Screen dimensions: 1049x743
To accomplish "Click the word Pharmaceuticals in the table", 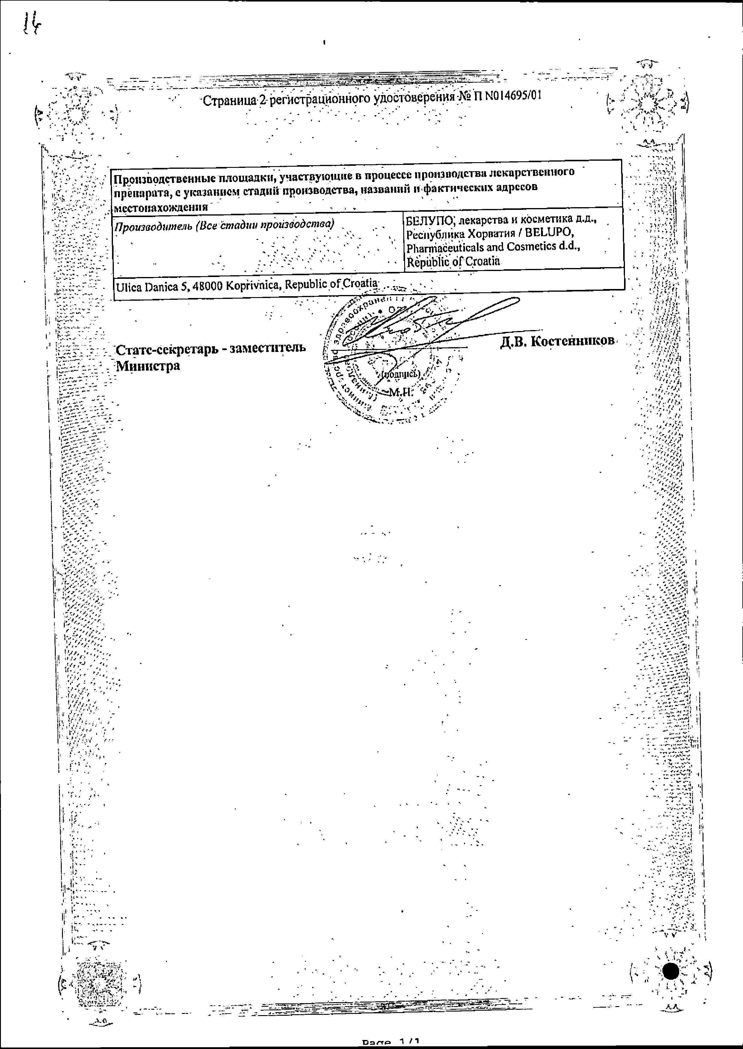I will click(x=443, y=248).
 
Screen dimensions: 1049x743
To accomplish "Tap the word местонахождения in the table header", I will click(x=161, y=207).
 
